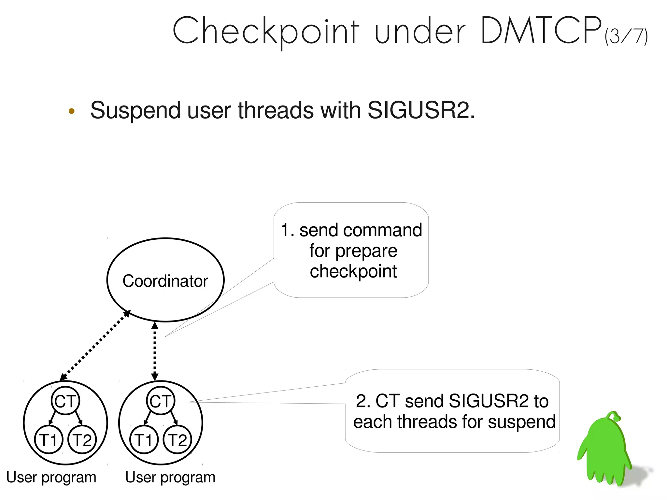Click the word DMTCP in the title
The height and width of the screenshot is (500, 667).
pyautogui.click(x=541, y=31)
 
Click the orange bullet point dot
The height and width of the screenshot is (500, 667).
pyautogui.click(x=72, y=111)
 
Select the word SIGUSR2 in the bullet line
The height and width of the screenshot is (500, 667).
pyautogui.click(x=419, y=110)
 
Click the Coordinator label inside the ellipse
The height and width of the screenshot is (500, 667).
pyautogui.click(x=165, y=281)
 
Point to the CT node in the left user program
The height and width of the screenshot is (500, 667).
pyautogui.click(x=65, y=401)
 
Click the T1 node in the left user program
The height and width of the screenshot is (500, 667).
pyautogui.click(x=49, y=440)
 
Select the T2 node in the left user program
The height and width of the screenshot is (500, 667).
pyautogui.click(x=82, y=440)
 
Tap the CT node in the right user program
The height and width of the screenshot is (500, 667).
pyautogui.click(x=161, y=401)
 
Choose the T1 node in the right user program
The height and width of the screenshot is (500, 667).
pyautogui.click(x=144, y=440)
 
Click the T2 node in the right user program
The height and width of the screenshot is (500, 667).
pyautogui.click(x=177, y=440)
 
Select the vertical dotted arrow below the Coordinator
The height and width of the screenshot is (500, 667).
pyautogui.click(x=155, y=351)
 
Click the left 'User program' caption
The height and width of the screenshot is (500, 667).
pyautogui.click(x=51, y=478)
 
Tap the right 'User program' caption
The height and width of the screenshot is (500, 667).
pyautogui.click(x=170, y=478)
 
